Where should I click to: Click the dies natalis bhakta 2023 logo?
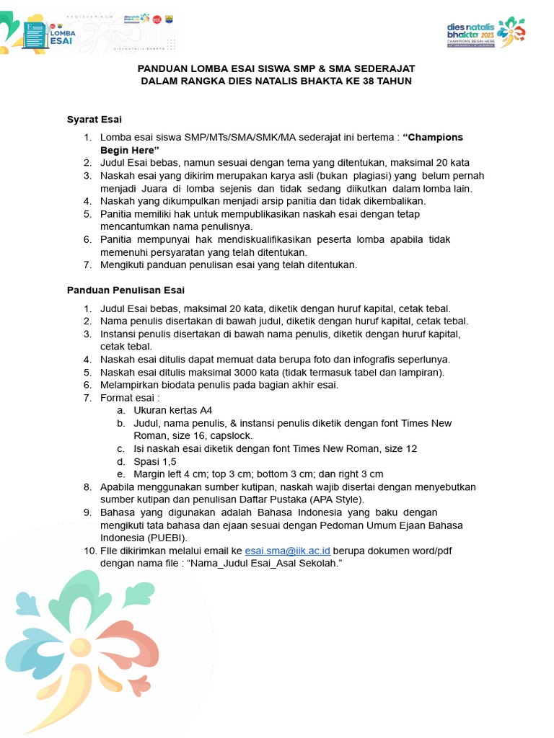point(485,32)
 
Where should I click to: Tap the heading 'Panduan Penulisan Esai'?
point(126,290)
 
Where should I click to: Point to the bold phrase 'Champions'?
point(433,137)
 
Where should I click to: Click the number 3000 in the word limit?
point(247,373)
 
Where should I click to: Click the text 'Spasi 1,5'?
point(155,461)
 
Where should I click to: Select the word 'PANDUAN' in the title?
point(164,68)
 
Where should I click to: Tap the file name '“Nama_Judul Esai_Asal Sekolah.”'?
point(263,563)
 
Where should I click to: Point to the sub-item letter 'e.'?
point(120,474)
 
